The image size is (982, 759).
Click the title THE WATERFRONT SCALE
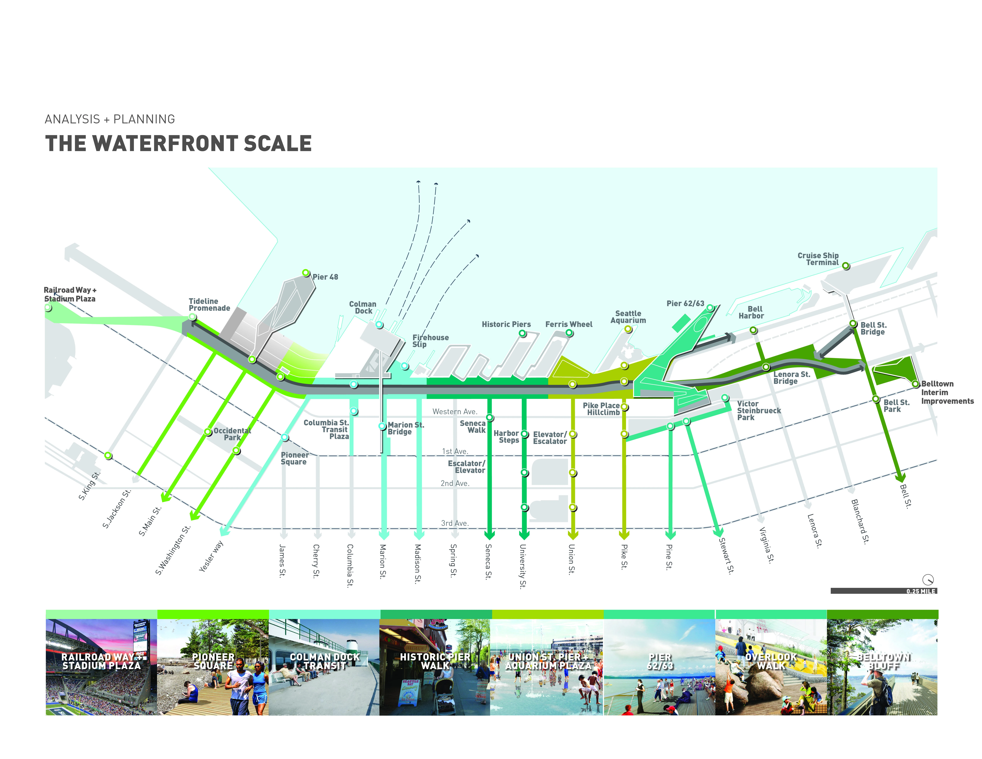tap(179, 143)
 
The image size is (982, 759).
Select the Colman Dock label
tap(363, 308)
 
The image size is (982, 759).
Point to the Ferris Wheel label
tap(569, 324)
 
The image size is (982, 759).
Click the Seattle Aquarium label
tap(628, 317)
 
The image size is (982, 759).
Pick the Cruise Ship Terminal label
tap(818, 259)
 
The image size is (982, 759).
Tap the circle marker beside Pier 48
tap(306, 273)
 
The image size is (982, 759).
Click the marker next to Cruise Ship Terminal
tap(846, 266)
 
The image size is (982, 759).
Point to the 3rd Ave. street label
tap(455, 523)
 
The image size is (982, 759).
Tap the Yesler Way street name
tap(211, 557)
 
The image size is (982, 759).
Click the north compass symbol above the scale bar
tap(928, 580)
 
